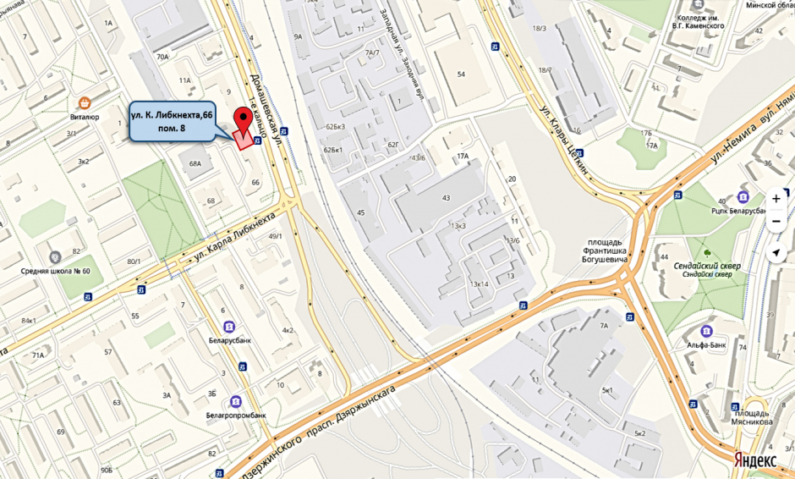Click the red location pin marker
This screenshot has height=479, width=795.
click(246, 119)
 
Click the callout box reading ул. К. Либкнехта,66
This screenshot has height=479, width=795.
click(172, 119)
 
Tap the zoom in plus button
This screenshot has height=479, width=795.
click(776, 199)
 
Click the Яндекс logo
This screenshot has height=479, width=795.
click(755, 460)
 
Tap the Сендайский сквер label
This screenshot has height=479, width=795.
click(707, 266)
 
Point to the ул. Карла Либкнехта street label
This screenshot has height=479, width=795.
click(237, 234)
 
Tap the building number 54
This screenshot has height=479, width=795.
click(461, 74)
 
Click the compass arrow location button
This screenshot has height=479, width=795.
click(776, 252)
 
